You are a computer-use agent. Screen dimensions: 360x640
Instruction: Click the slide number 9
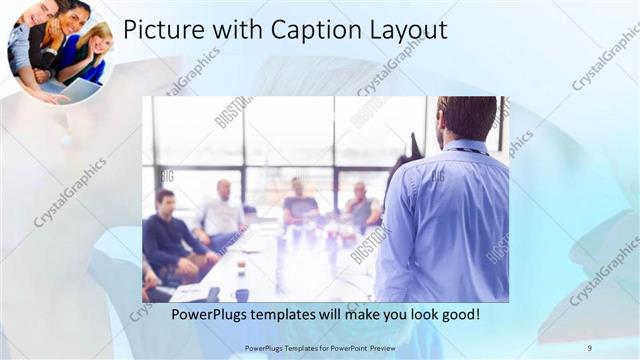click(x=589, y=347)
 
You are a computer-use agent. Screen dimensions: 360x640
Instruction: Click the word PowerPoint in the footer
click(x=345, y=347)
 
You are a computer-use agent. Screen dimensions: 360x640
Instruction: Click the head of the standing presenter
click(x=466, y=118)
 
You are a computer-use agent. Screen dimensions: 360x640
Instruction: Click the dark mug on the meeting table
click(x=242, y=294)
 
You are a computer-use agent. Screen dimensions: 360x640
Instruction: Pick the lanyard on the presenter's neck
click(x=470, y=149)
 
